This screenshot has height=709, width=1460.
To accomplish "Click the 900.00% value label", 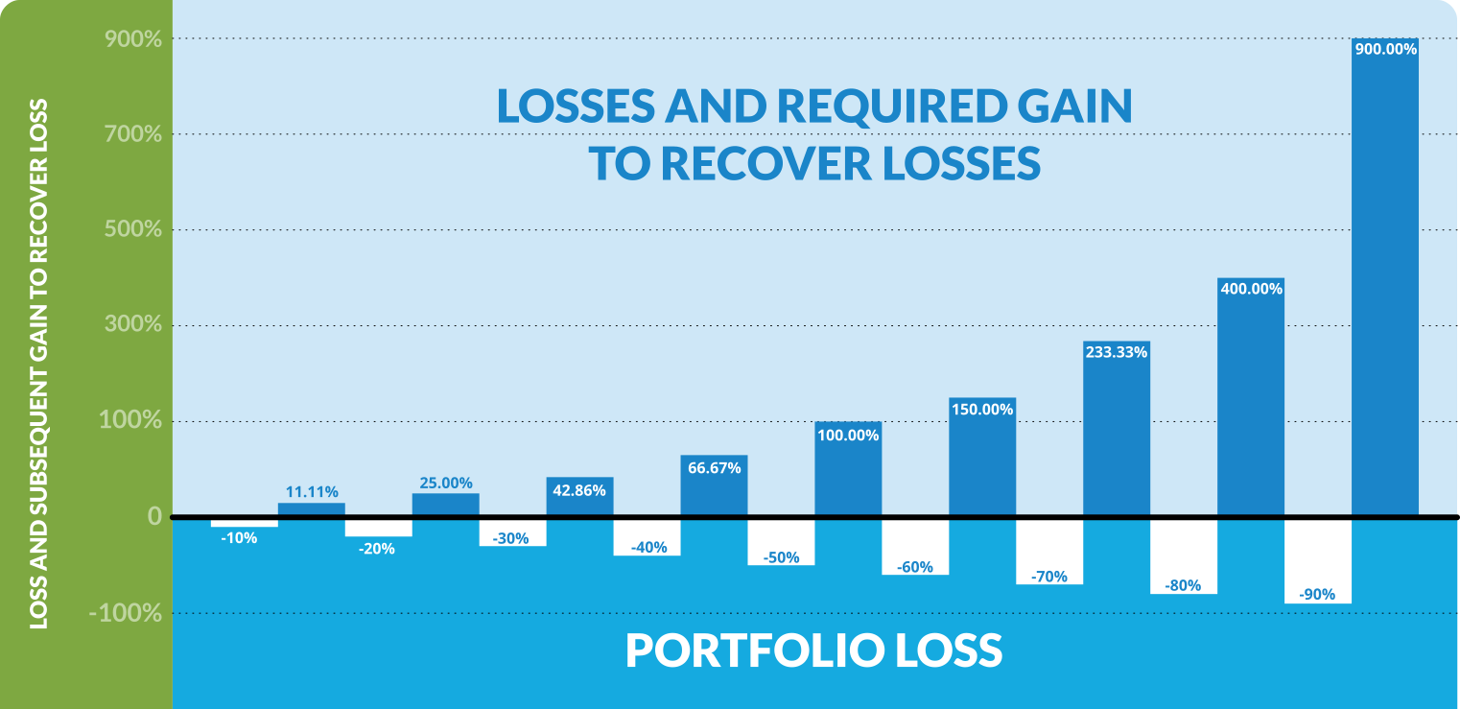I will (x=1385, y=49).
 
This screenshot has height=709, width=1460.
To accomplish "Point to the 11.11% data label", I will (x=312, y=492).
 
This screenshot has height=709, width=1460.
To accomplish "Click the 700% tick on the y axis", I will (x=132, y=134).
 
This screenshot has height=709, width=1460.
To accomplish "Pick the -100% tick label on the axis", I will (x=125, y=613).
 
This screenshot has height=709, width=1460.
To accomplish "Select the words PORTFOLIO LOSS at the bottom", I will (x=813, y=650).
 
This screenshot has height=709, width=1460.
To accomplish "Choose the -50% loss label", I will (x=781, y=557).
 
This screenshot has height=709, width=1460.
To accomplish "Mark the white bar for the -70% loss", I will (x=1049, y=552).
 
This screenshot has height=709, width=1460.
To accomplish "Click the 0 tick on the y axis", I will (x=154, y=517).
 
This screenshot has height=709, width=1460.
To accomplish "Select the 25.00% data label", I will (x=446, y=483).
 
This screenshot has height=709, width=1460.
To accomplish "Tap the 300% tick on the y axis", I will (x=132, y=325).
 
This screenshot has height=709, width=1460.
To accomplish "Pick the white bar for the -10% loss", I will (x=244, y=523).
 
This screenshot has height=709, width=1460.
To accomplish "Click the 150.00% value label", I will (x=982, y=410).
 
